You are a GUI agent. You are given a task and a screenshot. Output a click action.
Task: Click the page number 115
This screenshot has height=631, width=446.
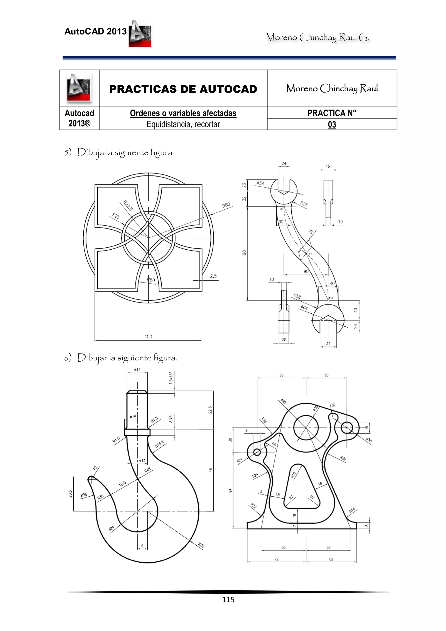click(x=228, y=599)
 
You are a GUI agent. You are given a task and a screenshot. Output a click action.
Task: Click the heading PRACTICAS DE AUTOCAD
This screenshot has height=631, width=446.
click(x=183, y=89)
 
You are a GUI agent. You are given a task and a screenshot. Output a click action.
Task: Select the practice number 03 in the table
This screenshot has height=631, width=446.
click(x=332, y=125)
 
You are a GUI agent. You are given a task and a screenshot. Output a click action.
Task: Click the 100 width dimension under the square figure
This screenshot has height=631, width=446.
click(x=148, y=336)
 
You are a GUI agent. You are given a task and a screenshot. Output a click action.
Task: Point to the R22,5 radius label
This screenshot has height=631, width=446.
click(x=128, y=205)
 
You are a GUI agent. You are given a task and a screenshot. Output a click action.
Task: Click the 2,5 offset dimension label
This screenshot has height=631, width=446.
click(x=213, y=276)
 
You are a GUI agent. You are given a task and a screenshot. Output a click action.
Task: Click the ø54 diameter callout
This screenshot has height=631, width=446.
click(x=260, y=183)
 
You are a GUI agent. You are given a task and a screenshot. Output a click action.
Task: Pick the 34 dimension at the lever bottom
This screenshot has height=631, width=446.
click(x=328, y=343)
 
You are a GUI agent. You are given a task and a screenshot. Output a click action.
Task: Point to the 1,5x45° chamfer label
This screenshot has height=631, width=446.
click(x=171, y=378)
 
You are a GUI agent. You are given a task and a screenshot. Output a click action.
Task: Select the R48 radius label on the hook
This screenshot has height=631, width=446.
click(x=148, y=470)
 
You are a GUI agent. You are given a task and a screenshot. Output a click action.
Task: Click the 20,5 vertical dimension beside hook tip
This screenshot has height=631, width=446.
click(x=70, y=494)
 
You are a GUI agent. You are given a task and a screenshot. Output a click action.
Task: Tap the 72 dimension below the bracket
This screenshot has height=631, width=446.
click(x=276, y=559)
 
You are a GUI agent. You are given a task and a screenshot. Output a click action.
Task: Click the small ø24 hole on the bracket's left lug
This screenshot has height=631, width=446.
click(x=257, y=452)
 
